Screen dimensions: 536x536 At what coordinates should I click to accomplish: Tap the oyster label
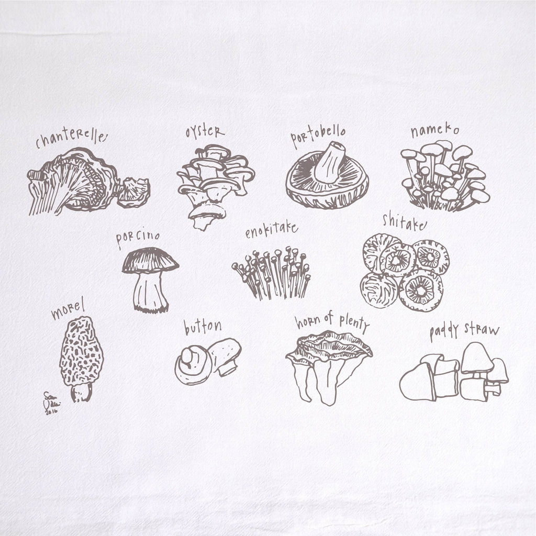[205, 132]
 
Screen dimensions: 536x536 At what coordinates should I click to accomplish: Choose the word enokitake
[271, 230]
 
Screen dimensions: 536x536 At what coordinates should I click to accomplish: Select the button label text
[202, 327]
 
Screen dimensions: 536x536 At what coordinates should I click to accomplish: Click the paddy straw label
[464, 331]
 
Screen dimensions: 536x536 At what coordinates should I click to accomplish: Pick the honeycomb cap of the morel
[81, 351]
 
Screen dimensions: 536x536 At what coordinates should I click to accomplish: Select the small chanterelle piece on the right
[134, 192]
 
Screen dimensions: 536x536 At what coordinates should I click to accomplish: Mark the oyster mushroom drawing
[214, 183]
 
